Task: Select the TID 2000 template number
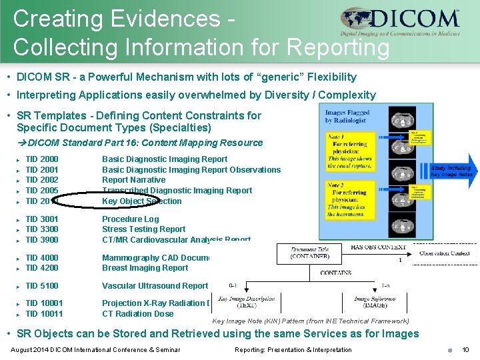41,159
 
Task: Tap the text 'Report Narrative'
133,180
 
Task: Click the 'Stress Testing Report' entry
143,229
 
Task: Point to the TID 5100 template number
41,286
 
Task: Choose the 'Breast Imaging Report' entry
145,268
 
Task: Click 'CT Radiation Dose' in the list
137,314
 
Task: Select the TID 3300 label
41,229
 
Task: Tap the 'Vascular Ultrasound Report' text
155,286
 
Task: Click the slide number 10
465,350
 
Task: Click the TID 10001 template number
44,303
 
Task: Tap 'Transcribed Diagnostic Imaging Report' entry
177,191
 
